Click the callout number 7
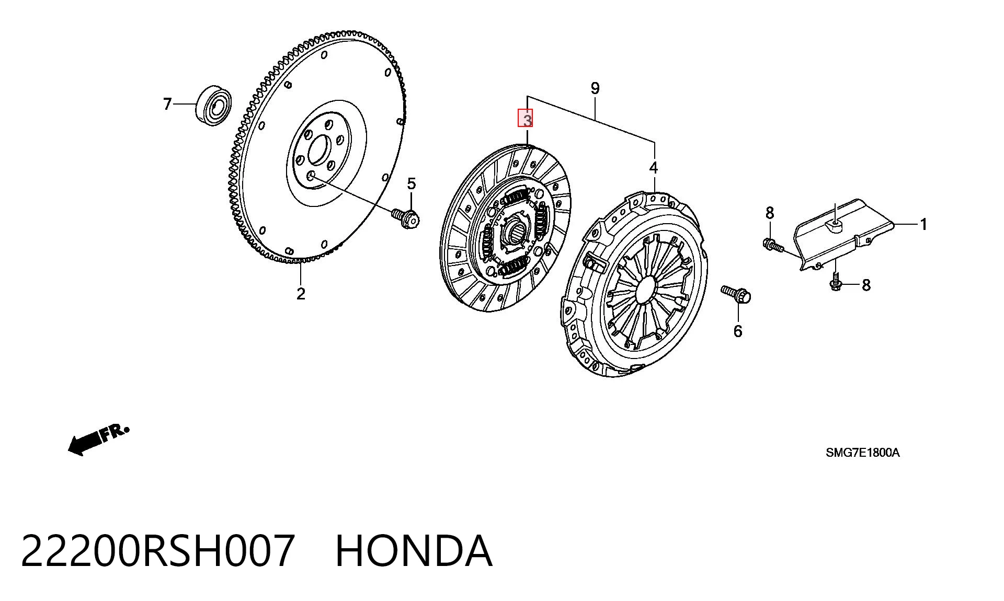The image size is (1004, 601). [x=167, y=105]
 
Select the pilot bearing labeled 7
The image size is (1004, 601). [x=213, y=105]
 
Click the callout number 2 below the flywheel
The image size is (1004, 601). [x=301, y=294]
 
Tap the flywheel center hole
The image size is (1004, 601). [x=318, y=150]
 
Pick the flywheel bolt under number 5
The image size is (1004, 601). [x=405, y=217]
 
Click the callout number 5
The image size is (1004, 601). [x=412, y=184]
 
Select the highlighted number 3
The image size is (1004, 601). [x=526, y=119]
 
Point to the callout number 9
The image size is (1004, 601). [x=595, y=88]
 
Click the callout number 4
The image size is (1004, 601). [x=654, y=168]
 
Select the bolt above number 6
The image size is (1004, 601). [x=736, y=294]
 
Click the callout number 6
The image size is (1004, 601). [x=738, y=331]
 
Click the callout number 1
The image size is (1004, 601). [x=923, y=225]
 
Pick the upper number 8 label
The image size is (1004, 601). [x=770, y=213]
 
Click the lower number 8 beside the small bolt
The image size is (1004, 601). [x=866, y=285]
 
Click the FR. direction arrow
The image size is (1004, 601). [x=98, y=440]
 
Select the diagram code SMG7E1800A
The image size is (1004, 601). [x=863, y=453]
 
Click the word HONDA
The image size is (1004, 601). [x=414, y=551]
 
